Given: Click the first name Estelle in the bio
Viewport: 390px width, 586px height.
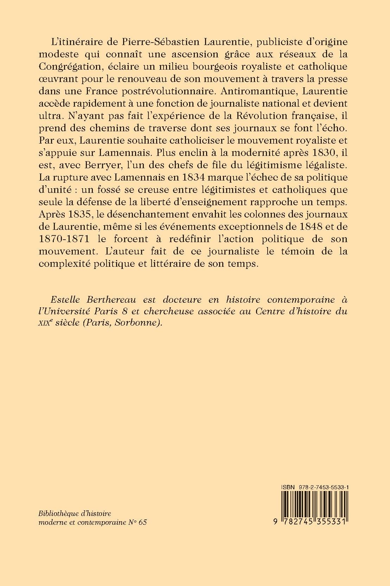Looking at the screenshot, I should pos(64,300).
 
